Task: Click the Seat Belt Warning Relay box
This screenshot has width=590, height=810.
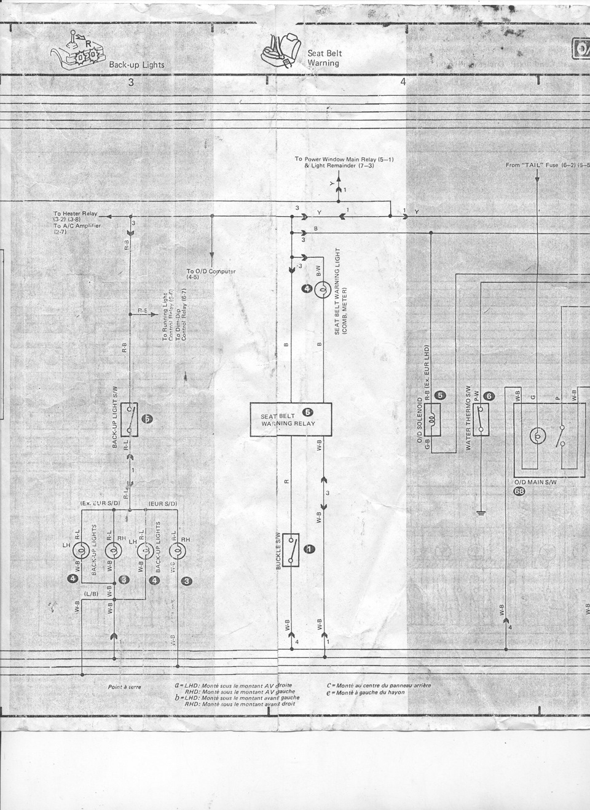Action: [290, 419]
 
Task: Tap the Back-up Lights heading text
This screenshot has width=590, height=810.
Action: [136, 64]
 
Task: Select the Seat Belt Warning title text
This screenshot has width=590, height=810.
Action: [324, 58]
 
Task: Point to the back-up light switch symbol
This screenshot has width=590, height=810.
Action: [130, 419]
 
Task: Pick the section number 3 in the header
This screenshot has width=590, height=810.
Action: [131, 83]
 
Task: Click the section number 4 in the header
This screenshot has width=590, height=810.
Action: [403, 83]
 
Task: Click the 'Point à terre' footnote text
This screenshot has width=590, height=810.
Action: [125, 687]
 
